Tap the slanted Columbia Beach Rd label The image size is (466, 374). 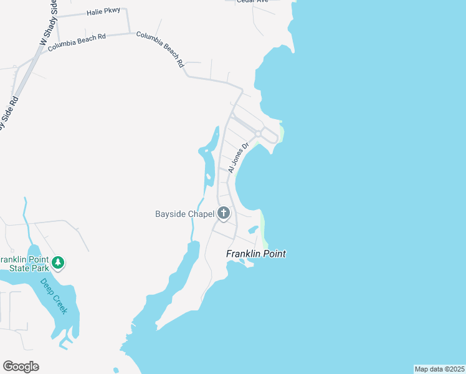coord(161,50)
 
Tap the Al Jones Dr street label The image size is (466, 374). coord(238,158)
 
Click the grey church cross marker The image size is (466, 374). coord(224,214)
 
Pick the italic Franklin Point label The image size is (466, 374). coord(255,254)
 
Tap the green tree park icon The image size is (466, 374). coord(58,262)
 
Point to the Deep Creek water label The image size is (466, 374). coord(54,296)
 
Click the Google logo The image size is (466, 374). coord(21,367)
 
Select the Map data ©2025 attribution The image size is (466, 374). coord(439,369)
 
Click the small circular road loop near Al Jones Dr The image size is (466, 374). coord(257,134)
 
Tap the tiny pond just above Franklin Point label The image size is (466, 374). coord(253,229)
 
